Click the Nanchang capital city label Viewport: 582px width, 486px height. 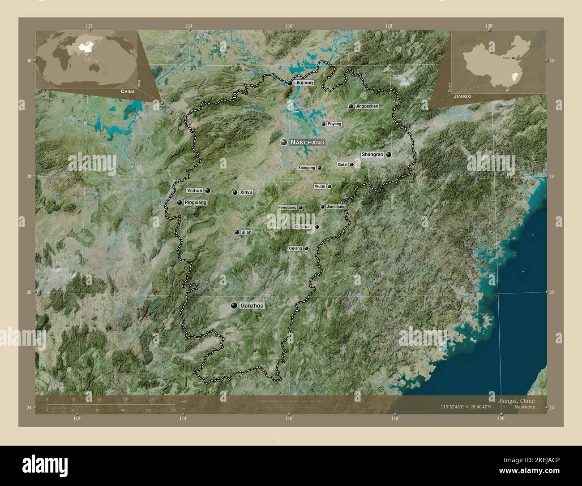307,142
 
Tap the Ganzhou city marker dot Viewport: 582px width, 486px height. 234,306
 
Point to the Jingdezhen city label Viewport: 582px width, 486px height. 367,107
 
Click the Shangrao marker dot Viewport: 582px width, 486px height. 389,154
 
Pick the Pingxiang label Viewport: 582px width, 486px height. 196,203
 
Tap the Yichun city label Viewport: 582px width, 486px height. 195,191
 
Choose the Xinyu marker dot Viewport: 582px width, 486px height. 235,192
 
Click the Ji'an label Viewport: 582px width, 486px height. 247,232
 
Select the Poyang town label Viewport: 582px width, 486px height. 334,124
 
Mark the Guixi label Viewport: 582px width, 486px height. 342,165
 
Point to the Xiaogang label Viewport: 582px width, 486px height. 307,168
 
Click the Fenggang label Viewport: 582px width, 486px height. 287,208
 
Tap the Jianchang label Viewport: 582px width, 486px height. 336,207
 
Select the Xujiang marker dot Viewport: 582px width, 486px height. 306,248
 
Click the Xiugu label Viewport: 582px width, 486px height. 320,186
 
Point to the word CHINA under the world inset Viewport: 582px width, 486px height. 127,91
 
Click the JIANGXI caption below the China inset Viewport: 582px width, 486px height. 462,96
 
